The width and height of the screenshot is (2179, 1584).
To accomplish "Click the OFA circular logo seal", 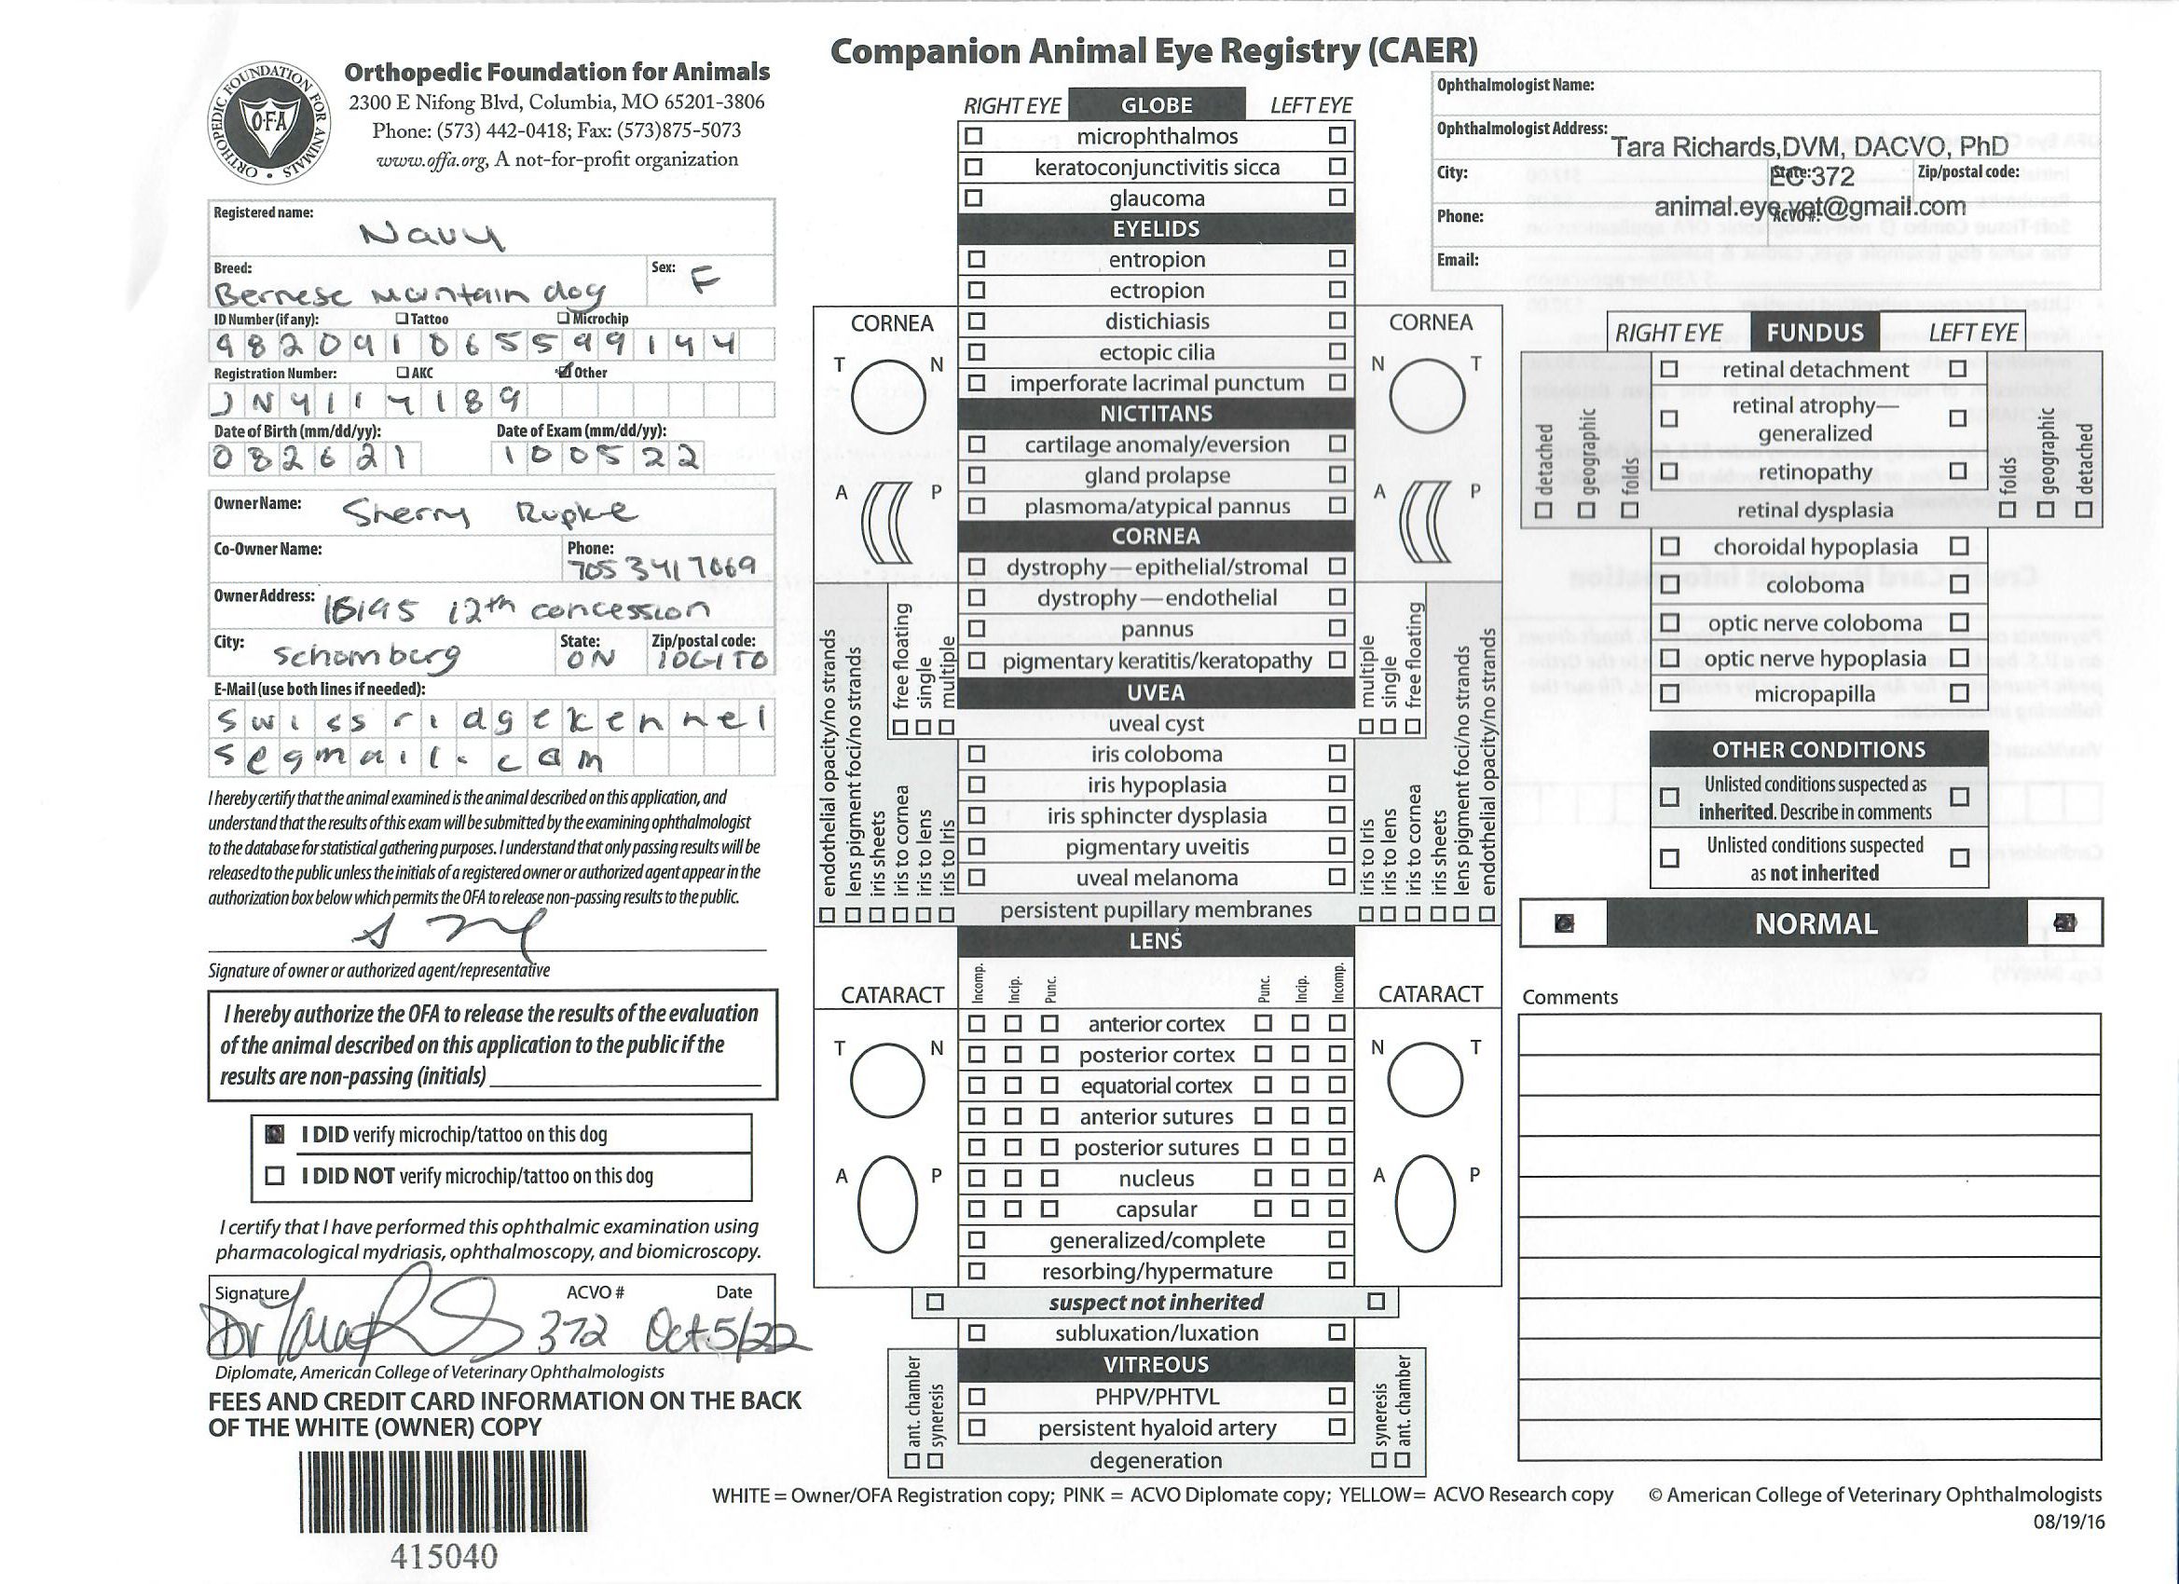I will click(269, 123).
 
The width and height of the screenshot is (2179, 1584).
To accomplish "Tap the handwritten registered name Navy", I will click(432, 234).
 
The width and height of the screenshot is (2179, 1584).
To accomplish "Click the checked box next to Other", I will click(565, 371).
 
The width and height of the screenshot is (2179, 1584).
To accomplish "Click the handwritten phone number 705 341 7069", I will click(663, 567).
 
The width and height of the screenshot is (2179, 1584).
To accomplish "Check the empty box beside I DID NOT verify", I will click(275, 1176).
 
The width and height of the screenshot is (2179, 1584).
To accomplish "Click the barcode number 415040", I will click(444, 1556).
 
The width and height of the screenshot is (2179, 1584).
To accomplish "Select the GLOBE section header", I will click(1156, 104).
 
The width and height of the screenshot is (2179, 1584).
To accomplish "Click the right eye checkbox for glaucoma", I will click(974, 198).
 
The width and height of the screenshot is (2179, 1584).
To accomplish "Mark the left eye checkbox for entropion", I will click(1336, 258).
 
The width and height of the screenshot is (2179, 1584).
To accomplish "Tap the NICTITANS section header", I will click(1156, 413).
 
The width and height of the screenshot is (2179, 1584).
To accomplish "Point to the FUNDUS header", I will click(1814, 333).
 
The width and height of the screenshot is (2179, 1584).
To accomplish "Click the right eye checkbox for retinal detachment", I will click(1669, 369).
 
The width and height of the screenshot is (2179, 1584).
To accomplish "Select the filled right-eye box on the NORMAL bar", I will click(1564, 923).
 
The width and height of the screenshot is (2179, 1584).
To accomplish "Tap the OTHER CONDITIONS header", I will click(1817, 749).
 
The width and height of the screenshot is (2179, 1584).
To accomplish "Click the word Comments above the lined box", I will click(1569, 997).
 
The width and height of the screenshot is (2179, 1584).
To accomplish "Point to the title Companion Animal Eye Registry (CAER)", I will click(1153, 51).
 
